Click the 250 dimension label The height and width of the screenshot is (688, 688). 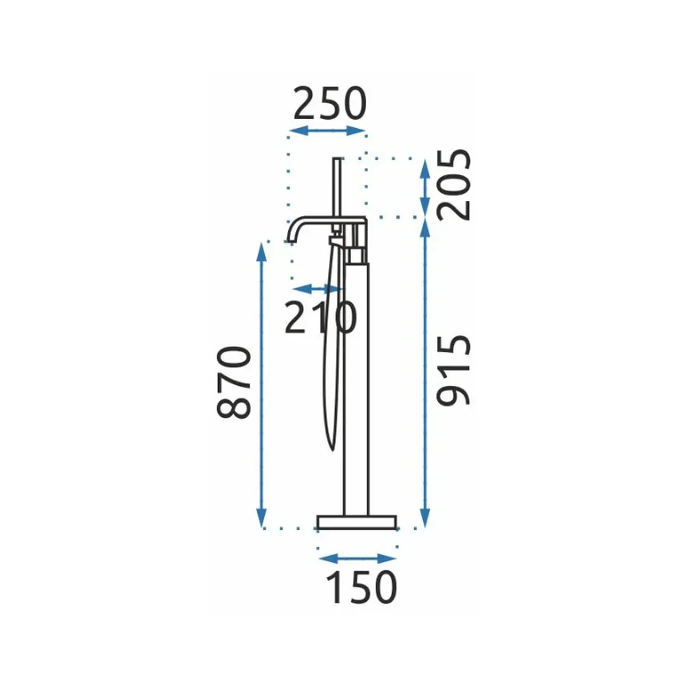click(330, 104)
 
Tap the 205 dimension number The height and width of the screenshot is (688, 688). click(454, 184)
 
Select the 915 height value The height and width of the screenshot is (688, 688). click(454, 369)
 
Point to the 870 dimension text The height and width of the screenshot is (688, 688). click(235, 382)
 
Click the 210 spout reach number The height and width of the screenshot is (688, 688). click(321, 317)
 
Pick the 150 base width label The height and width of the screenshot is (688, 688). click(362, 588)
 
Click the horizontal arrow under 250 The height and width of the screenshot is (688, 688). click(327, 131)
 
